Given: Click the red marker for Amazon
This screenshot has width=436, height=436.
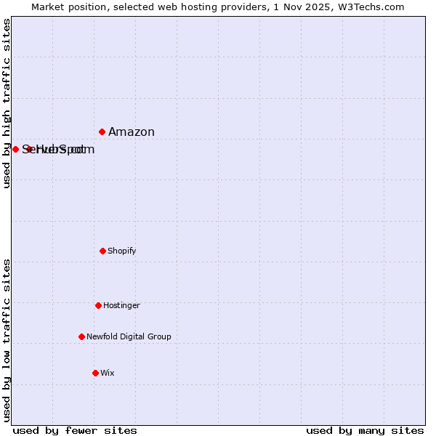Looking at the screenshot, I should (x=102, y=132).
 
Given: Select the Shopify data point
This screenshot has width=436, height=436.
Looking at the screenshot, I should (x=102, y=251).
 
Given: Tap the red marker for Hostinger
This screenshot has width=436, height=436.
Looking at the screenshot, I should (x=98, y=305).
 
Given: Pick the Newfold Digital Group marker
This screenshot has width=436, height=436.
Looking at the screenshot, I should (x=81, y=336).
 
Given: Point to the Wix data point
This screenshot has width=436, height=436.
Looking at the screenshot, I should (x=95, y=373).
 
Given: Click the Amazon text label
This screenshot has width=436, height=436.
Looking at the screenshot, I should (x=132, y=132).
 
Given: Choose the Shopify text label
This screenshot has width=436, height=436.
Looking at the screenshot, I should (x=122, y=251).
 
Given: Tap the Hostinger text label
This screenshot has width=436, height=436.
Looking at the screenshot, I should (x=121, y=305).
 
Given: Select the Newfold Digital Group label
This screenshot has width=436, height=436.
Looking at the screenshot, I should (x=129, y=336).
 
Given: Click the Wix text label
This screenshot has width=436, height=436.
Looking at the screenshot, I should (x=108, y=373).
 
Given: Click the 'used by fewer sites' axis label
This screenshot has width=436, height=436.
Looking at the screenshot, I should (x=75, y=430).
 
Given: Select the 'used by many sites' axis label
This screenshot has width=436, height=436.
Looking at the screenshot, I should (x=365, y=430).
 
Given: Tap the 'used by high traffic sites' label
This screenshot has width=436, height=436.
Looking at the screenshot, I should (x=7, y=103).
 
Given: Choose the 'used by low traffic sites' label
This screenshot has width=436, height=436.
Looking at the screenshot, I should (x=7, y=339).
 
